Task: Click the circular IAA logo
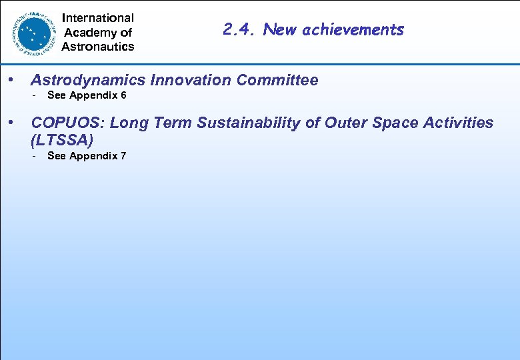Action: click(x=33, y=31)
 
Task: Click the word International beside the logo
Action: click(x=98, y=18)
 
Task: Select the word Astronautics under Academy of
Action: click(x=98, y=46)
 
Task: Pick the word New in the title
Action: click(x=279, y=29)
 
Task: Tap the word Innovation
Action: click(x=191, y=81)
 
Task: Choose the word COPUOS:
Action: click(x=67, y=123)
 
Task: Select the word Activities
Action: click(x=459, y=123)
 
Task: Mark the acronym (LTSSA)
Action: click(x=62, y=140)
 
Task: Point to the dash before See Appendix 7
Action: click(x=34, y=156)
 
